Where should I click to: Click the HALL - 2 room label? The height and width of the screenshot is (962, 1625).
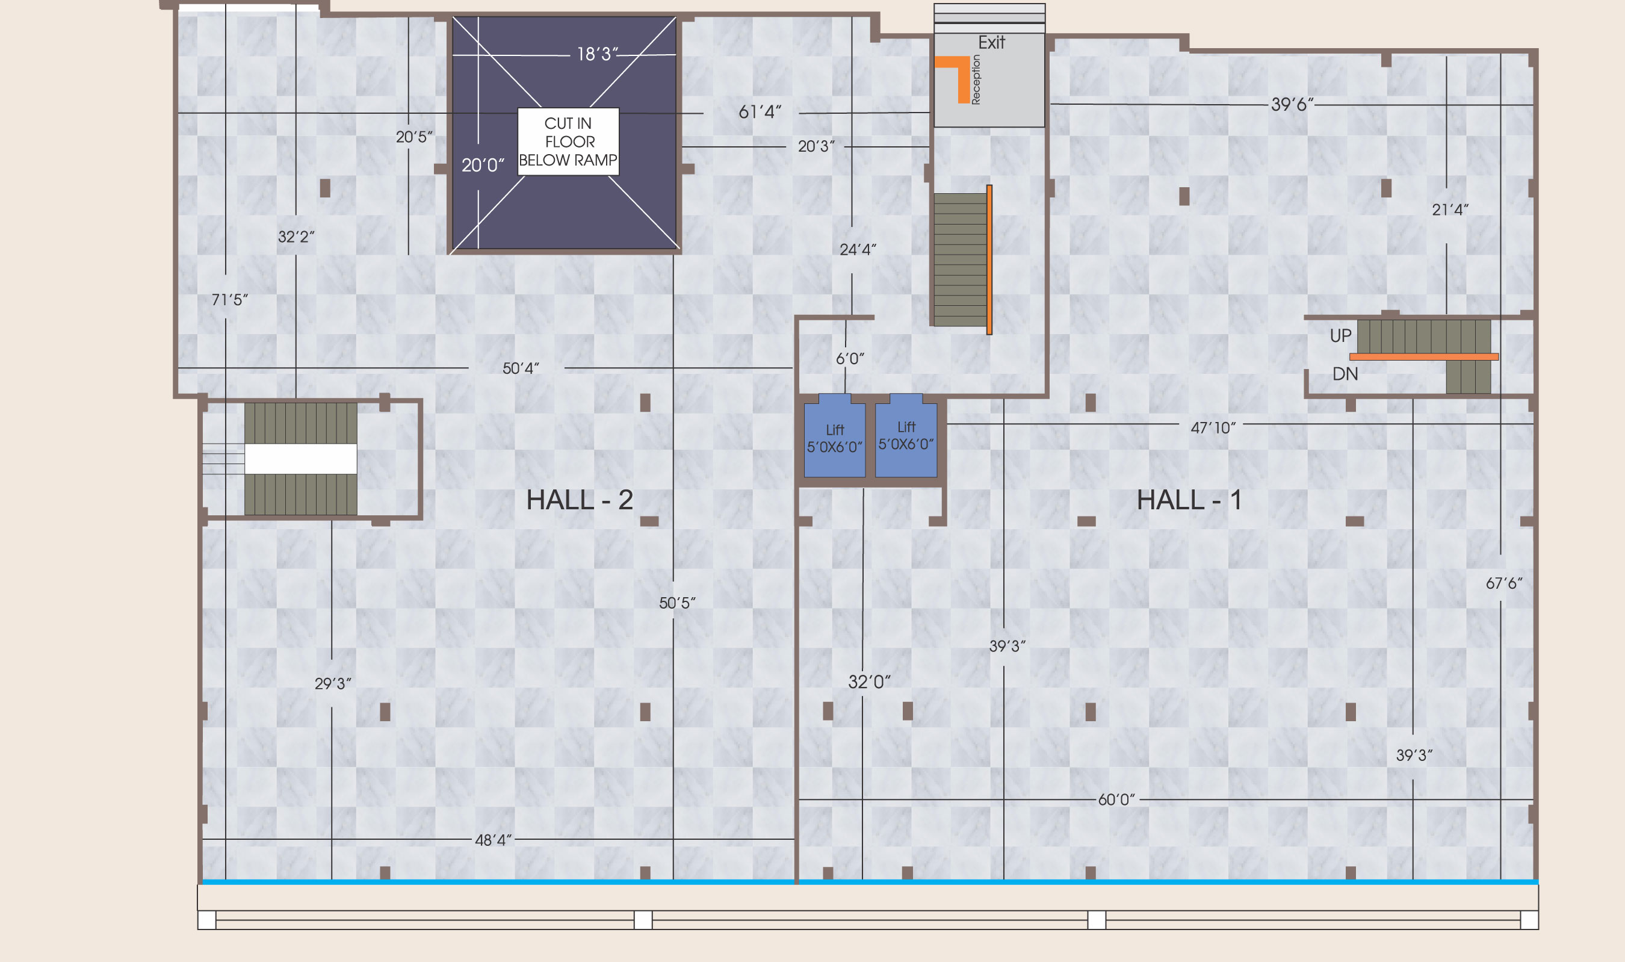[579, 500]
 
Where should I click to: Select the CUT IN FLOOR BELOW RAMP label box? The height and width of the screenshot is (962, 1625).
[568, 141]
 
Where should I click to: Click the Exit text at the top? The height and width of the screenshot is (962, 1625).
[991, 43]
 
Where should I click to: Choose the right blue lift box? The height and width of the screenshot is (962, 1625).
[906, 436]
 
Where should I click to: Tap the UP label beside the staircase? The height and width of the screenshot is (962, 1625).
[1340, 336]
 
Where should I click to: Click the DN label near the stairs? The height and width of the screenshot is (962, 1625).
[1345, 374]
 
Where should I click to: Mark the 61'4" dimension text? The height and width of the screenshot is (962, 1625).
[760, 112]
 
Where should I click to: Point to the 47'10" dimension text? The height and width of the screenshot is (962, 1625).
[1213, 428]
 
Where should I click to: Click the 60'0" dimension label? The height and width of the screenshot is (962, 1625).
[1116, 800]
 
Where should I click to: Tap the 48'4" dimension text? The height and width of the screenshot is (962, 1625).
[493, 840]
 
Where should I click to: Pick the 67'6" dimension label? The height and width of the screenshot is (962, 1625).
[1504, 583]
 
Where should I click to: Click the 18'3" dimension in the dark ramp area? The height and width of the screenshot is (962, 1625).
[598, 54]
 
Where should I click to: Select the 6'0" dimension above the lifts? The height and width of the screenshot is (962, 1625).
[850, 358]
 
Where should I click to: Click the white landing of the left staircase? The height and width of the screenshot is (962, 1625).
[301, 459]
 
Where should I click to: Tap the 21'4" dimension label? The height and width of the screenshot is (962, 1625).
[1450, 209]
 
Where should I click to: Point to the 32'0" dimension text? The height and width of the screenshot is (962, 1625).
[870, 682]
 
